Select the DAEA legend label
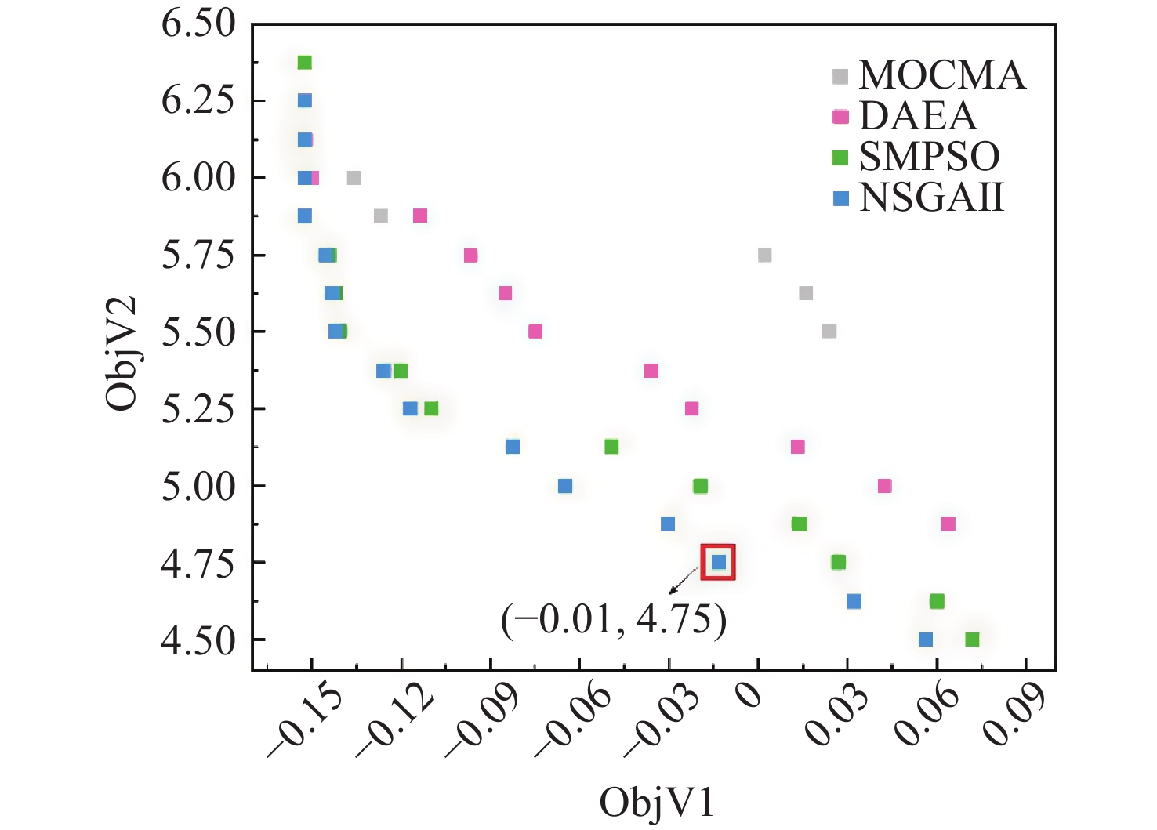coord(918,116)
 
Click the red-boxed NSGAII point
coord(719,562)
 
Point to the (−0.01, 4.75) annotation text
coord(614,619)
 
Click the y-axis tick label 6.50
coord(198,23)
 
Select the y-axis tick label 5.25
coord(198,408)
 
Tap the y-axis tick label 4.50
coord(198,640)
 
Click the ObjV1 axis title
coord(657,803)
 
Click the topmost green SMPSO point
coord(305,63)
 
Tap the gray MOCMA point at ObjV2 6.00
coord(354,178)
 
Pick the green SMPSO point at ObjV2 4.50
coord(972,640)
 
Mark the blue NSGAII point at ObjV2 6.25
coord(305,100)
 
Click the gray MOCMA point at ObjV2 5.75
coord(765,255)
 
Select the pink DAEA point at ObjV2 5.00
coord(885,486)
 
